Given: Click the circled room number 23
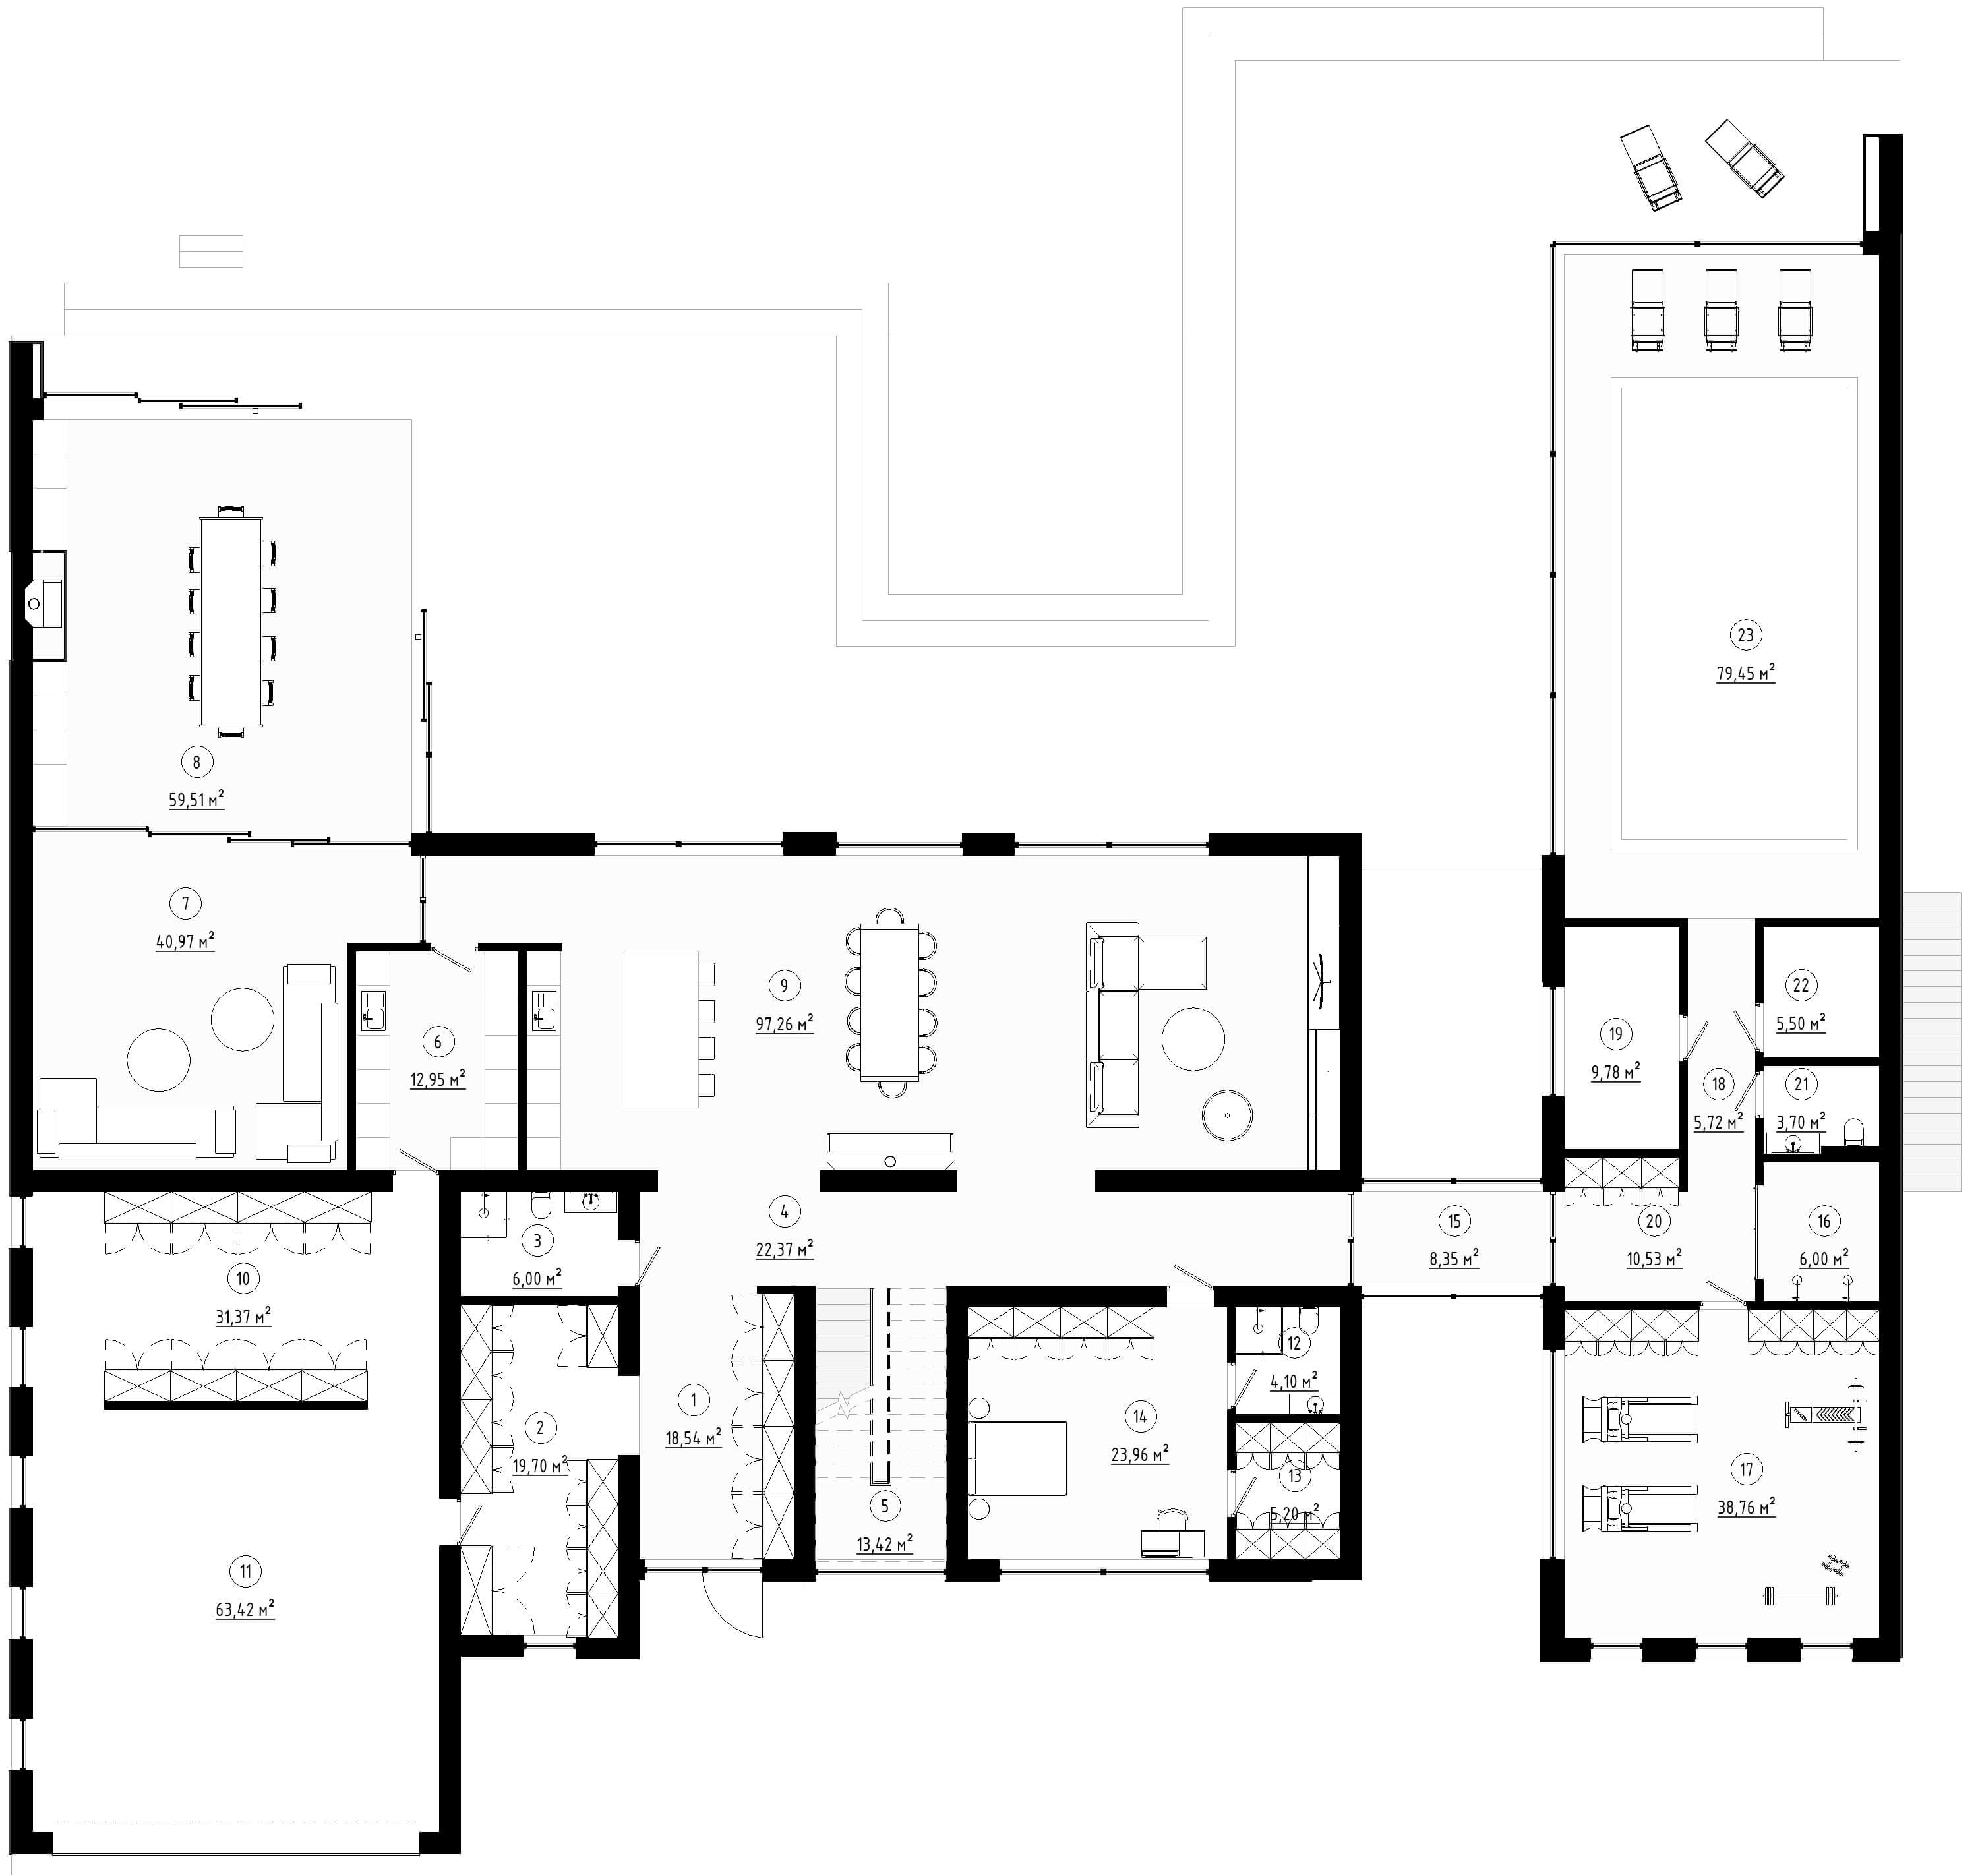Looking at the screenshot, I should coord(1745,635).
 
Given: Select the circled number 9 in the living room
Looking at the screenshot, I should coord(783,986).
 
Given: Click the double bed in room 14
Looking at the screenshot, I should coord(1017,1458).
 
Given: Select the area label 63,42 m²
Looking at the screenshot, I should coord(245,1609).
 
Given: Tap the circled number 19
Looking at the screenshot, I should coord(1616,1034).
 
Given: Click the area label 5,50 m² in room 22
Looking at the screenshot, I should coord(1800,1023).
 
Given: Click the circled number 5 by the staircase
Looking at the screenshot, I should coord(884,1505).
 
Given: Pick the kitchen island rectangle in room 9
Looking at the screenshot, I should coord(661,1028).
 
